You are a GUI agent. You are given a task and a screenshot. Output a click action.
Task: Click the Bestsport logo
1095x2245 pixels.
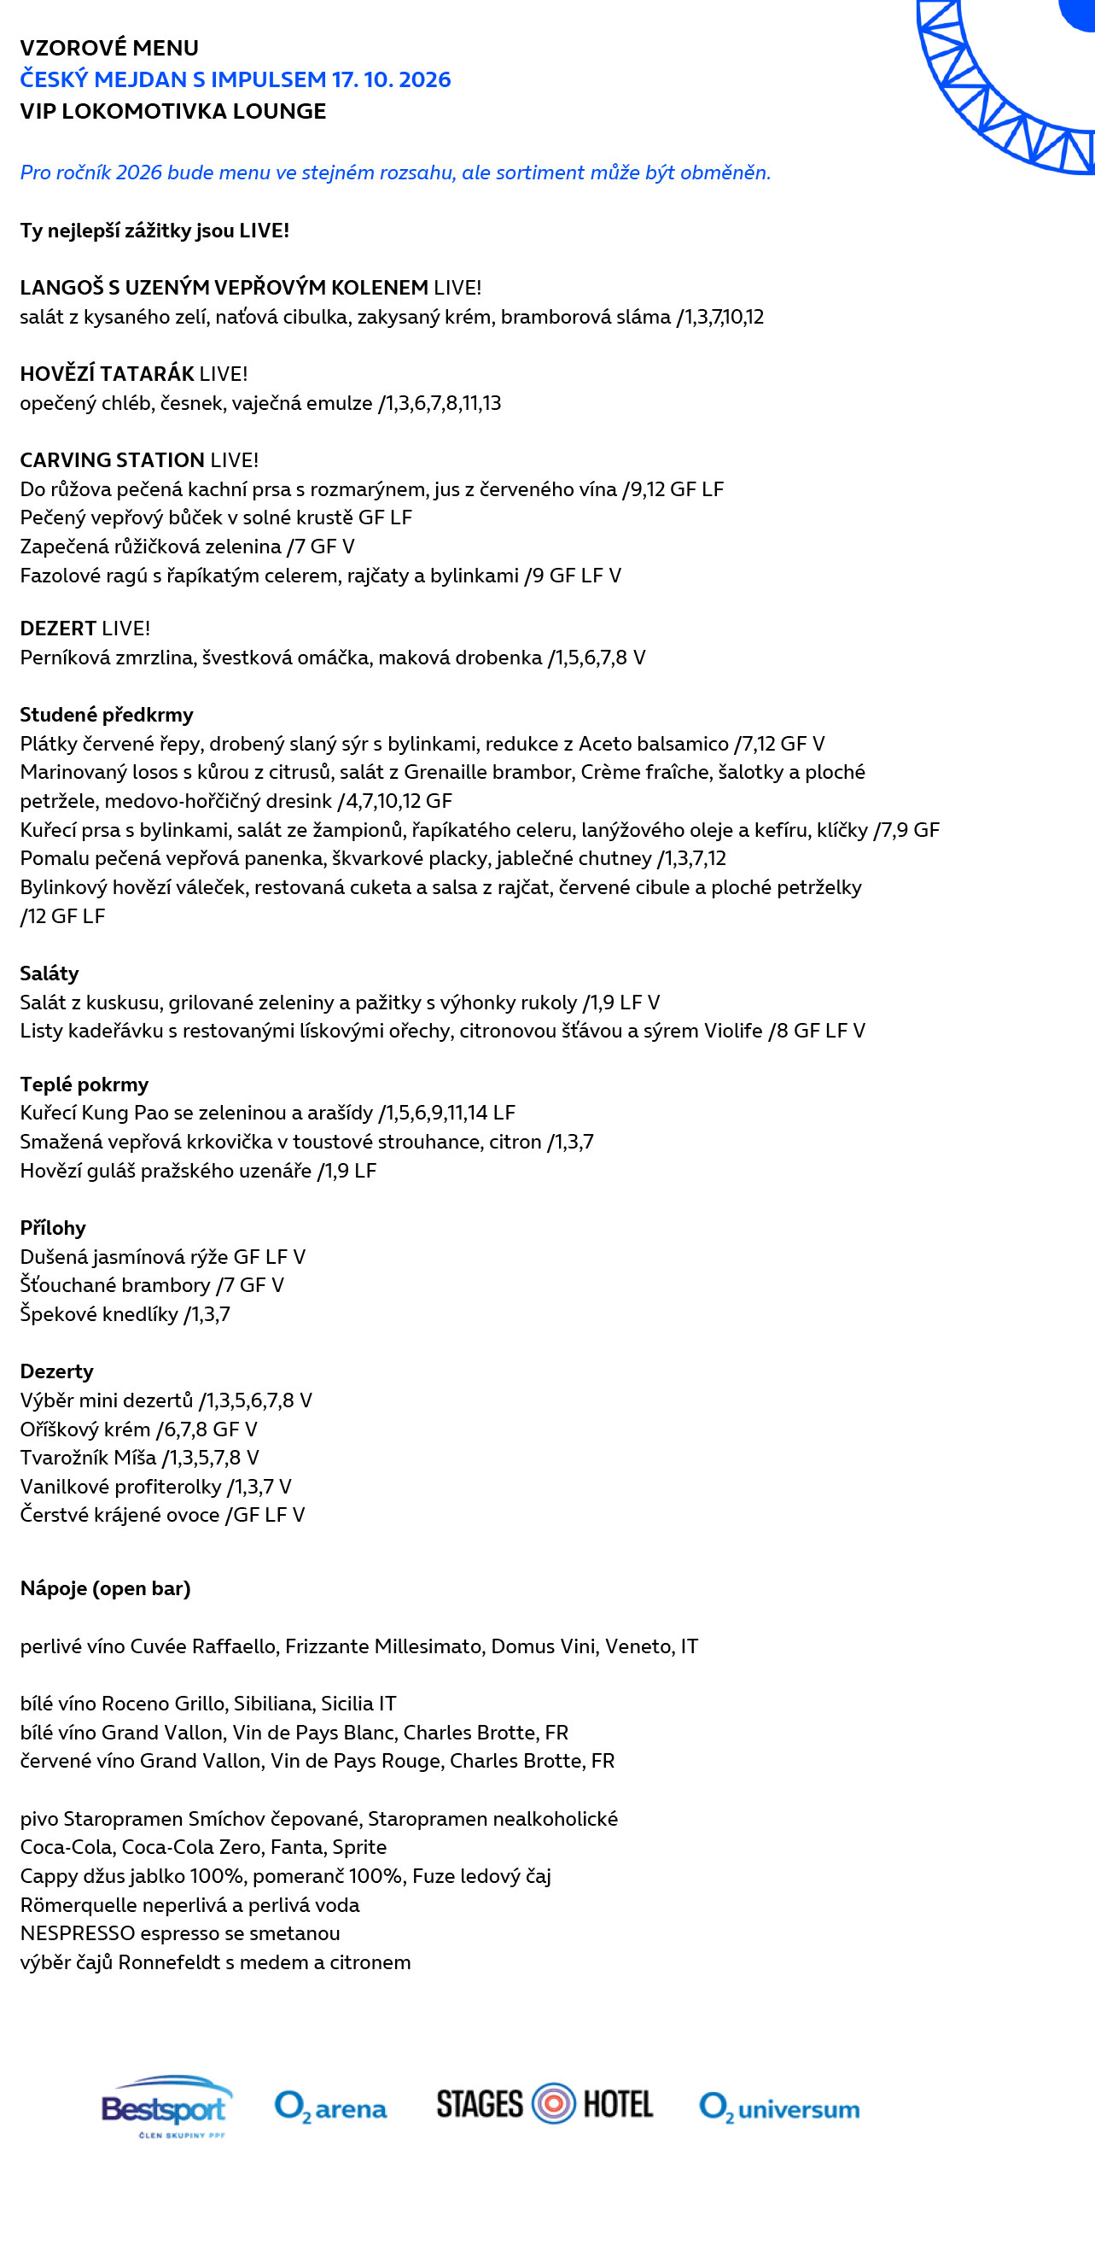click(166, 2108)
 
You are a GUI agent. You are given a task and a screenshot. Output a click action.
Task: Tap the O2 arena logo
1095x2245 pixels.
click(330, 2108)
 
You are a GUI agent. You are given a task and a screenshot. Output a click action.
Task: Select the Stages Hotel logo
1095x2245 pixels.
click(545, 2104)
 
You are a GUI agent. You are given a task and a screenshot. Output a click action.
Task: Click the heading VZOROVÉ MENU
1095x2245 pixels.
click(109, 48)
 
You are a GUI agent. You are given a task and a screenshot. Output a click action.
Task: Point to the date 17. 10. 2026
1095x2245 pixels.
click(391, 79)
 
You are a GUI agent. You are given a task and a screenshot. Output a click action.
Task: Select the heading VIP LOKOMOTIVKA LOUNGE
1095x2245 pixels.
click(172, 112)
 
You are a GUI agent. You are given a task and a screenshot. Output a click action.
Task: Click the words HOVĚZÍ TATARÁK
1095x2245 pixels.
click(108, 374)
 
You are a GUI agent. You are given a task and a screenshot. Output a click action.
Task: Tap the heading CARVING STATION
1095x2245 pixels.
click(113, 460)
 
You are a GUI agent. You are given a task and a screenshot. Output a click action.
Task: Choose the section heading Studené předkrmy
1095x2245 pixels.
click(107, 715)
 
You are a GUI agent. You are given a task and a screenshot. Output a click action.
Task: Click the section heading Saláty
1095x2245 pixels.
click(49, 973)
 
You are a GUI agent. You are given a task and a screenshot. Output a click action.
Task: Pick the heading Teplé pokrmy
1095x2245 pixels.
click(84, 1084)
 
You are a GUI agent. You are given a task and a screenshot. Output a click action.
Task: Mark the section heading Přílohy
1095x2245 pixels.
click(52, 1228)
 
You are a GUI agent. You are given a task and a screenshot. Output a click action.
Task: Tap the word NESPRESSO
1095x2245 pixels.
click(78, 1933)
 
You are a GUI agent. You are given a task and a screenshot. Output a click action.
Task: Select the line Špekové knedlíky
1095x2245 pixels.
click(125, 1314)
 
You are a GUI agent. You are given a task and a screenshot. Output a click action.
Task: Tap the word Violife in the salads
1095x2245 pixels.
click(732, 1031)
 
